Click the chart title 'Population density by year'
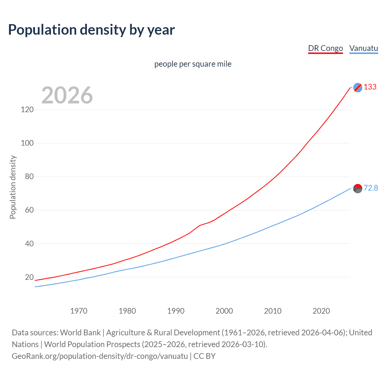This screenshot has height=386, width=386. (91, 30)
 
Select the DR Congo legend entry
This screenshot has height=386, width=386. (325, 48)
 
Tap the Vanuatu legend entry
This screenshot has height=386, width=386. (363, 48)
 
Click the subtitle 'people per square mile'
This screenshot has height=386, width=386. (193, 64)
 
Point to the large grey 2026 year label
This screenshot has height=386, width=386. (67, 95)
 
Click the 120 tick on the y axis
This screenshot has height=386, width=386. (27, 109)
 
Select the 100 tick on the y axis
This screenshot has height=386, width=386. (27, 143)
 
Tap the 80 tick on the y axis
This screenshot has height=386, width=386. (29, 176)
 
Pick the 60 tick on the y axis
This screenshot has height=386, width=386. (29, 210)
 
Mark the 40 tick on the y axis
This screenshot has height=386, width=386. (29, 243)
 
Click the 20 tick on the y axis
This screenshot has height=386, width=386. (29, 277)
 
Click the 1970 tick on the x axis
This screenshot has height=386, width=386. (79, 311)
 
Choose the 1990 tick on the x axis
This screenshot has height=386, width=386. (176, 311)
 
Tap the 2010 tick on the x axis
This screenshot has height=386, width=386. (273, 311)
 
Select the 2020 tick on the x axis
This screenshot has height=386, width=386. (321, 311)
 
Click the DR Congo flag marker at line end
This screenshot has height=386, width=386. (358, 87)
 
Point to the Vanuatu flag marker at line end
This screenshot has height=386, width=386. (358, 188)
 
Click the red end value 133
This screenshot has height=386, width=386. (370, 87)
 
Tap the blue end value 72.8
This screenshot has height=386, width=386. (371, 188)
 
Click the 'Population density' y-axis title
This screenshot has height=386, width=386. (13, 187)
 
